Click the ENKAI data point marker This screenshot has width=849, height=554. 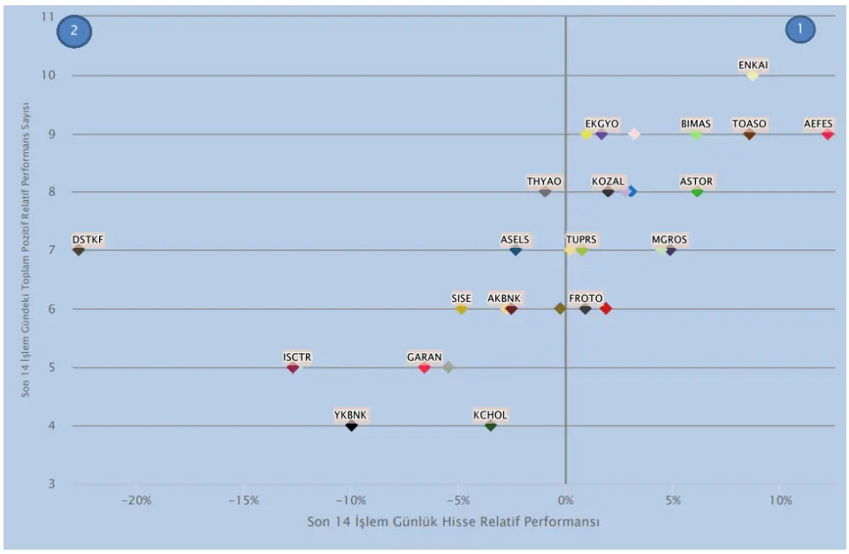point(753,76)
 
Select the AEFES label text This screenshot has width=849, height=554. point(818,124)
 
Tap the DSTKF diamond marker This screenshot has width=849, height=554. point(79,250)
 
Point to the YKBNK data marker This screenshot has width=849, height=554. point(351,426)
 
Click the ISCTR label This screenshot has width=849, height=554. point(297,358)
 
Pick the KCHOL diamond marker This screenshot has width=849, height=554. point(491,426)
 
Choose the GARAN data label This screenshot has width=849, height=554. point(424,358)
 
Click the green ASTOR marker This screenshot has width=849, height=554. point(697,192)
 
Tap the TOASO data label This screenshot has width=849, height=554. point(749,124)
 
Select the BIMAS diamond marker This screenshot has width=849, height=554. point(696,135)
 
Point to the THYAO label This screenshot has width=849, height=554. point(544,181)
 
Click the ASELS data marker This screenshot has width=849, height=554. point(516,250)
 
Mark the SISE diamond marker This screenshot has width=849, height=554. point(461,309)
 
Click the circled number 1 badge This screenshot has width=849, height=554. point(799,29)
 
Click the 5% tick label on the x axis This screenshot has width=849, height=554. point(673,500)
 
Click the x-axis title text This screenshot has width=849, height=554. point(453,522)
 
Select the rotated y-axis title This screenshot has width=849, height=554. point(27,250)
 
